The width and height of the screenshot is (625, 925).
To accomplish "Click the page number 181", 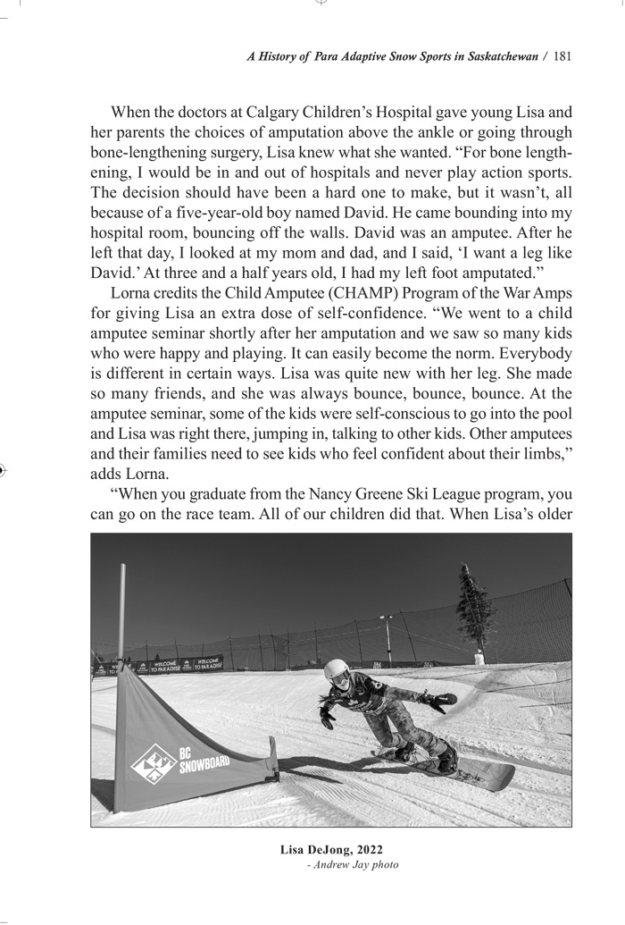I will tap(562, 56).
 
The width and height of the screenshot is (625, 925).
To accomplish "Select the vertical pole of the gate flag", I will tap(122, 617).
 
